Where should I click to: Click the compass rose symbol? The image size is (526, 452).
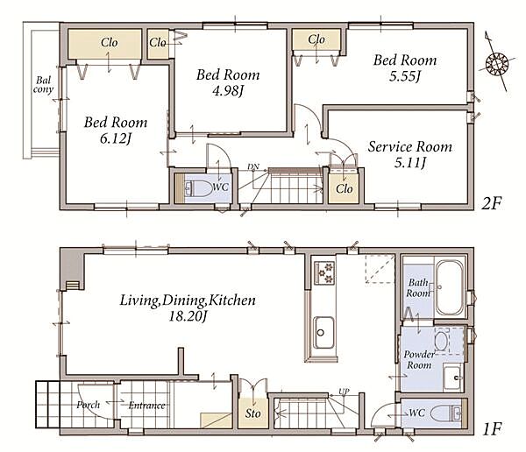click(496, 63)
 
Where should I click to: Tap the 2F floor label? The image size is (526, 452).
click(492, 203)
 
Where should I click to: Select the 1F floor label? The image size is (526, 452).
click(492, 429)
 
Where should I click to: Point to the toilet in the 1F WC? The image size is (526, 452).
click(445, 413)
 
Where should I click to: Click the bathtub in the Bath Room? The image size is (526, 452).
click(450, 287)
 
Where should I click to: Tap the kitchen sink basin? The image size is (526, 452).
click(323, 332)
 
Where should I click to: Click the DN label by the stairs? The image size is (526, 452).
click(253, 166)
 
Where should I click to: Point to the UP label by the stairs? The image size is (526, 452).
click(344, 392)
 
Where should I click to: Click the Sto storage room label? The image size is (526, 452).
click(253, 413)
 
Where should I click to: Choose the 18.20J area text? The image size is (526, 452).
click(188, 316)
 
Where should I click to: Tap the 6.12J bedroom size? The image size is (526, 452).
click(116, 138)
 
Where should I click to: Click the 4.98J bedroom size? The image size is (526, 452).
click(227, 90)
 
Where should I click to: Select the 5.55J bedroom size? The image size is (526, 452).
click(405, 76)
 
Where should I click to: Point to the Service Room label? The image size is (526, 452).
click(410, 147)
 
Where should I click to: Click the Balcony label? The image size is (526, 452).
click(43, 85)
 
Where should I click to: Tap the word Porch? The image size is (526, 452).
click(89, 405)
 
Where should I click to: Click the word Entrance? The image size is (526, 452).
click(147, 406)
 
